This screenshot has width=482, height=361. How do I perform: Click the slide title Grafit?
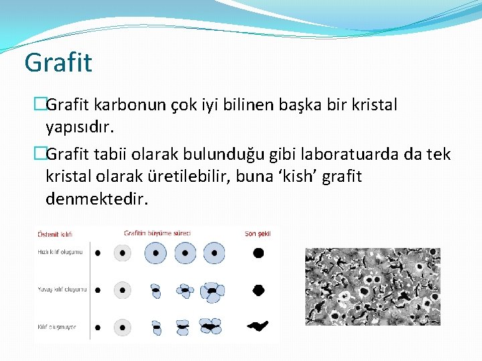(58, 63)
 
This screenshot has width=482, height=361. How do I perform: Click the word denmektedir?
(96, 199)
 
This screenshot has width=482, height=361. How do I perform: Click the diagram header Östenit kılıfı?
(55, 234)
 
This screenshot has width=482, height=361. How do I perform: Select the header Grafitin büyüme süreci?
(157, 233)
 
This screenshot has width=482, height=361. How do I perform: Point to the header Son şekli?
(258, 234)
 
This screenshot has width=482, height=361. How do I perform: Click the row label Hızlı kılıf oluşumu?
(60, 252)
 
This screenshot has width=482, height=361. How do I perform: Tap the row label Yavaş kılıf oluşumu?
(62, 289)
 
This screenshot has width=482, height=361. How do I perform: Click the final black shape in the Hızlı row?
(258, 253)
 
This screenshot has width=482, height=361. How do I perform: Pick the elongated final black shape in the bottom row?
(258, 326)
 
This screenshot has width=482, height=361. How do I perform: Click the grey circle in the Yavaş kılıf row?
(123, 290)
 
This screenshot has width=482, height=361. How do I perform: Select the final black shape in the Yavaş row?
(258, 290)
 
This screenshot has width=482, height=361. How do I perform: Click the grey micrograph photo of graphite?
(372, 286)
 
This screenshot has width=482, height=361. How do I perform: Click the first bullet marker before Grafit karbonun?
(40, 106)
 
